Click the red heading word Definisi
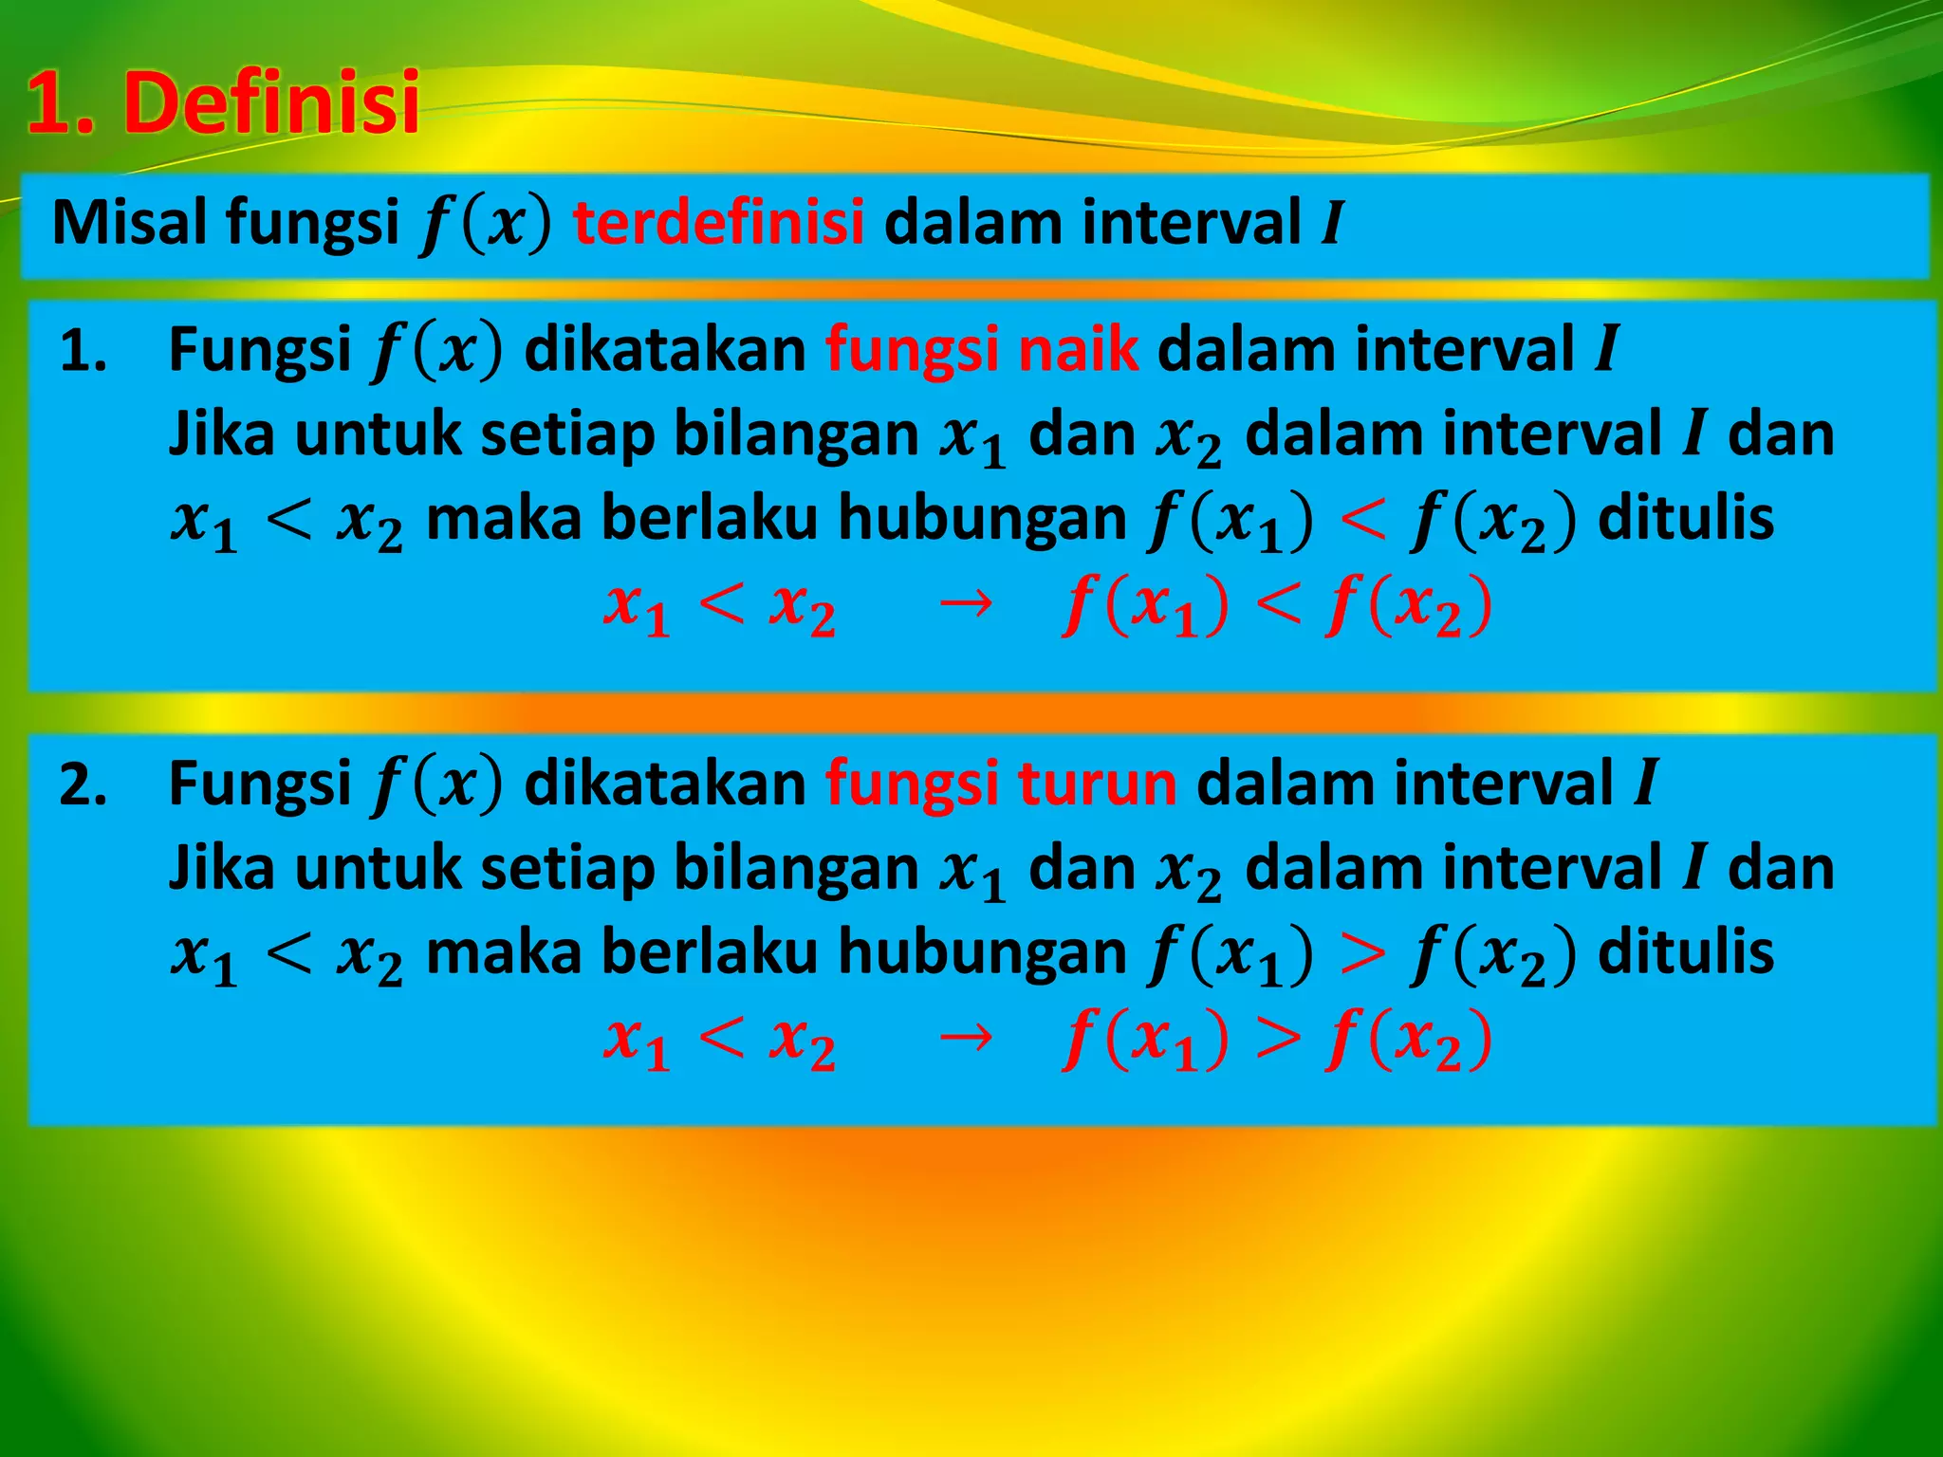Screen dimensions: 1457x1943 click(x=271, y=102)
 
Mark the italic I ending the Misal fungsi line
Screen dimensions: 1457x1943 click(x=1332, y=224)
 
